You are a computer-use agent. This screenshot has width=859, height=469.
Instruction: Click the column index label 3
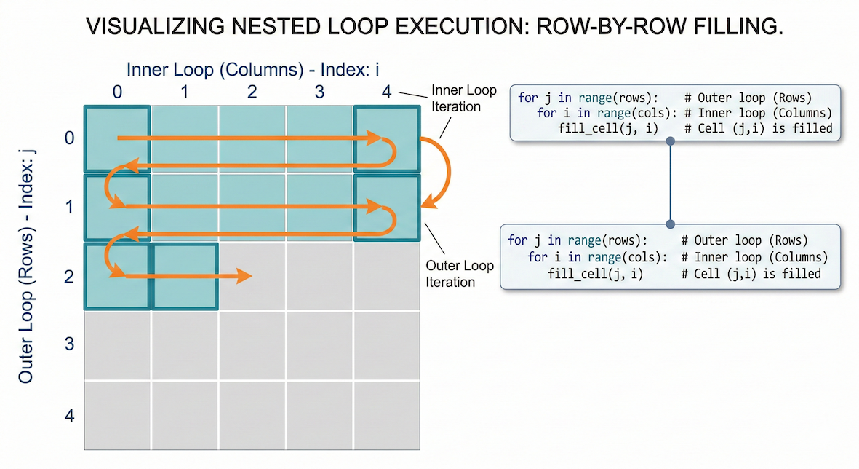(319, 92)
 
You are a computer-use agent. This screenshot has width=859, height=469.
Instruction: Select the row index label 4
(70, 417)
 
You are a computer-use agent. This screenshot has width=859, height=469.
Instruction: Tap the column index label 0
(118, 92)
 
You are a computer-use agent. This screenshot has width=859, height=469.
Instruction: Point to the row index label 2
(70, 277)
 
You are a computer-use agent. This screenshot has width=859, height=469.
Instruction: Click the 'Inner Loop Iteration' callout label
(463, 98)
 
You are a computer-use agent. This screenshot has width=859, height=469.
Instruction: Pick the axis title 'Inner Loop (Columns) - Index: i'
(254, 70)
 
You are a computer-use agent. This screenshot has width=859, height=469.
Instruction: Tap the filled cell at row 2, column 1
(185, 276)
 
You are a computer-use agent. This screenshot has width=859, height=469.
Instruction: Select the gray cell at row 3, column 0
(118, 346)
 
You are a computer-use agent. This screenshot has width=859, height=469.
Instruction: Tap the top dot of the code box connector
(670, 143)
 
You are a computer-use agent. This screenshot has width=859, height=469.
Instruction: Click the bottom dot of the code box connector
(670, 224)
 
